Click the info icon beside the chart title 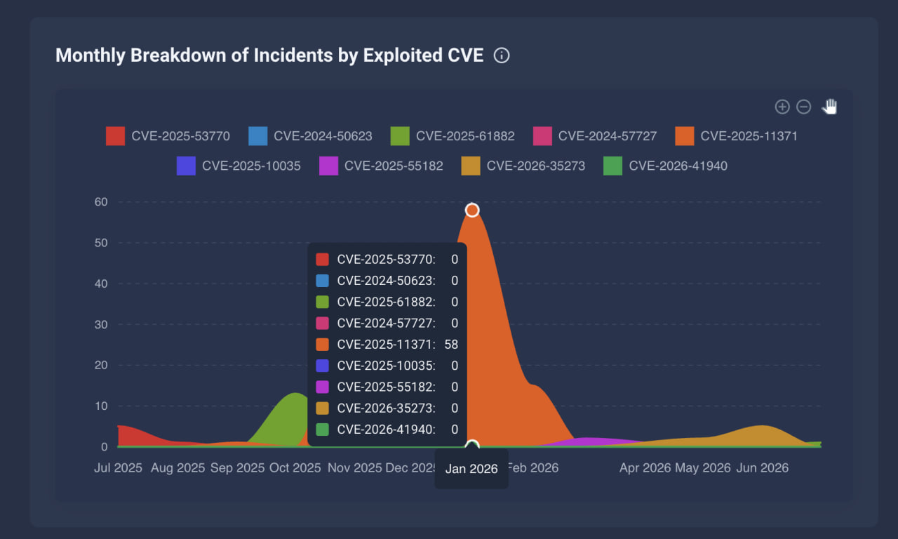502,55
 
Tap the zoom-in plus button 782,107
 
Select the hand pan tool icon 829,107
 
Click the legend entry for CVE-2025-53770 168,136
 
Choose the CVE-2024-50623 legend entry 310,136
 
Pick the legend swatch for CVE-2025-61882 400,136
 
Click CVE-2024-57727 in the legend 595,136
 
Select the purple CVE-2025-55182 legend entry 381,166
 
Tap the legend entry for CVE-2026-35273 523,166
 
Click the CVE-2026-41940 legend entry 666,166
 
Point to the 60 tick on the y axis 101,201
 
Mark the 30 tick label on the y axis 101,324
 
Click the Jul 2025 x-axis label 119,467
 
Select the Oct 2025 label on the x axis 295,467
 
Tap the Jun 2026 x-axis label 763,467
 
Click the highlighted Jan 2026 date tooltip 471,469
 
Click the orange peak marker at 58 472,210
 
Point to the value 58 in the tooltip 451,345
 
